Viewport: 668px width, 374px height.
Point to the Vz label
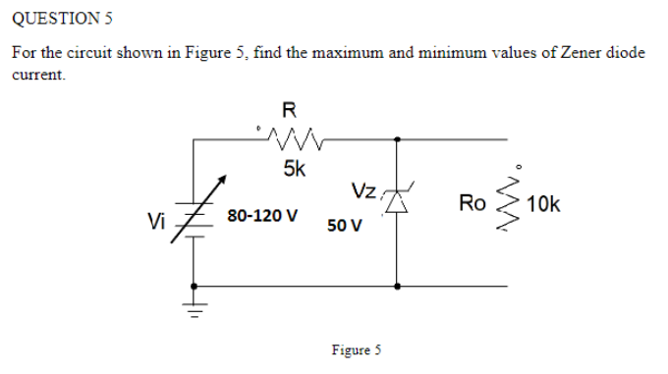tap(362, 189)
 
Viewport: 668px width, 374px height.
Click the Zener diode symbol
tap(397, 202)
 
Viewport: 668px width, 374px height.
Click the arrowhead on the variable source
tap(225, 179)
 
